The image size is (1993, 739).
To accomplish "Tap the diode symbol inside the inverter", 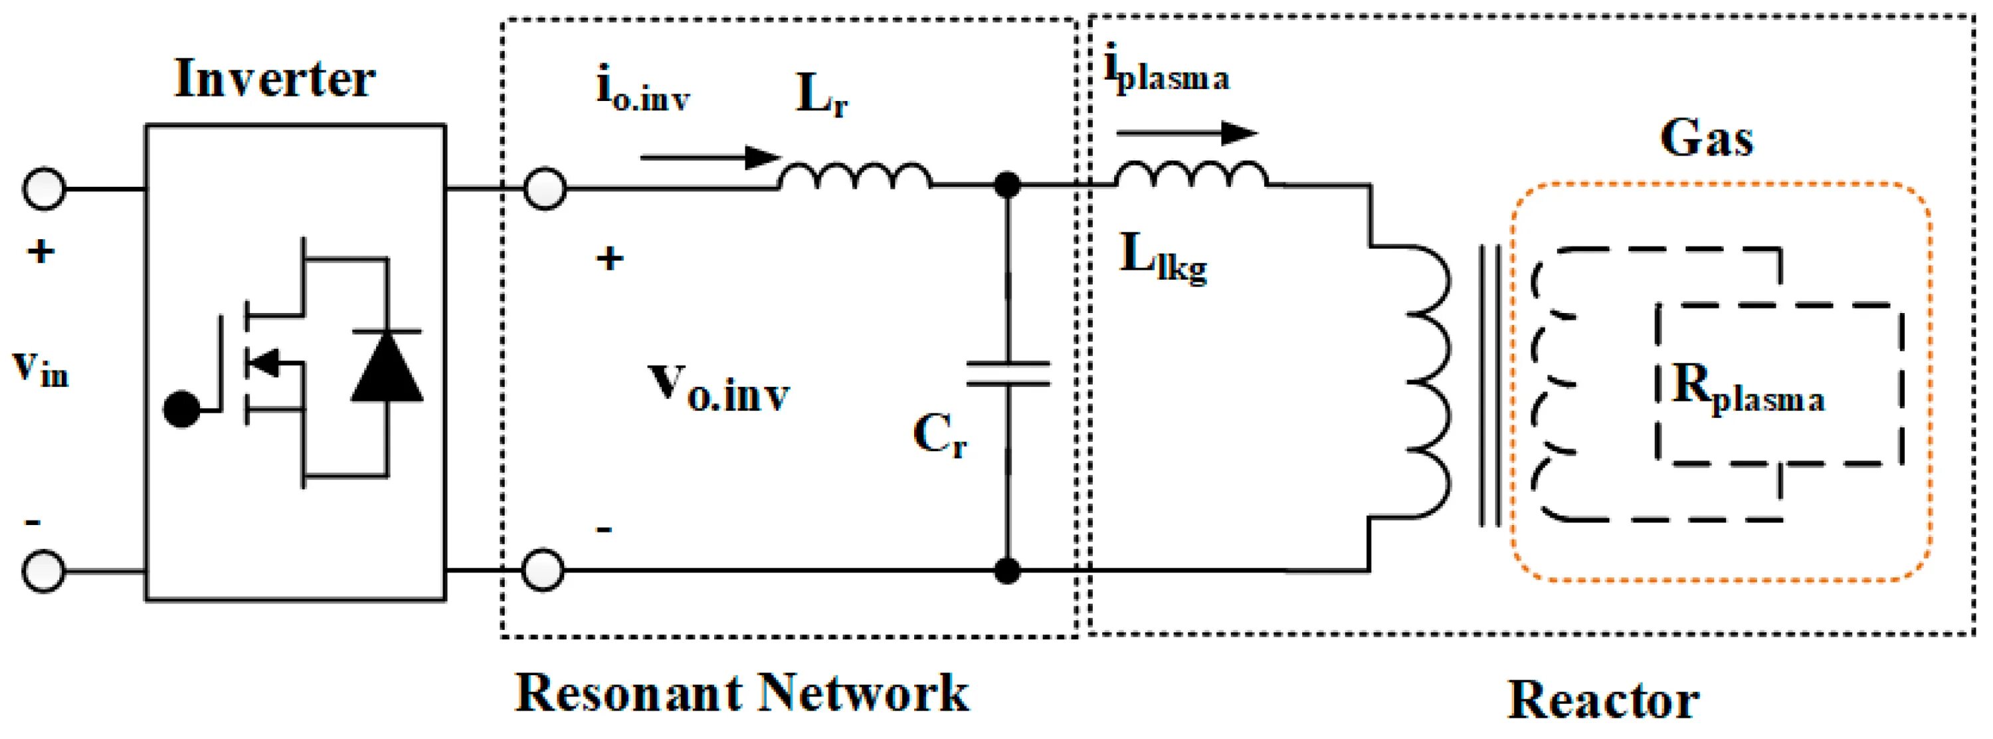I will (x=387, y=367).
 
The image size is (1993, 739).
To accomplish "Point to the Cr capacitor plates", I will (x=1006, y=373).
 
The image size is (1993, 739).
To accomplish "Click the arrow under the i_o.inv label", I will (x=710, y=158).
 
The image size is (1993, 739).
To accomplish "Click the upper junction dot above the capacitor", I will (x=1006, y=185).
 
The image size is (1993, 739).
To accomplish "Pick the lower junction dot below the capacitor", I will (x=1006, y=572).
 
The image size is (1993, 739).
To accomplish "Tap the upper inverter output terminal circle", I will (x=545, y=188).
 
